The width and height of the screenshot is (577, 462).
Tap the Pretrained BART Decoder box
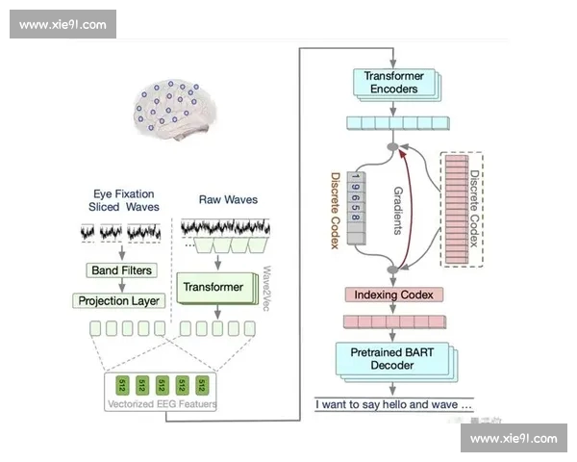[393, 359]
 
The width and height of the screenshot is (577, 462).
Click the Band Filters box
[120, 270]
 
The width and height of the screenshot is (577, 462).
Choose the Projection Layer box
[120, 300]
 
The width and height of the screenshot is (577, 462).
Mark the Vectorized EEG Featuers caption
[162, 404]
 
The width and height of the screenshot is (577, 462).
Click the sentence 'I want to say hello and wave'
[393, 404]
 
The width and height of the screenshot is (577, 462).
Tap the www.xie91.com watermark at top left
[63, 25]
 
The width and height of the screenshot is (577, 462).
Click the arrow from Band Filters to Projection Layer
[120, 285]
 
